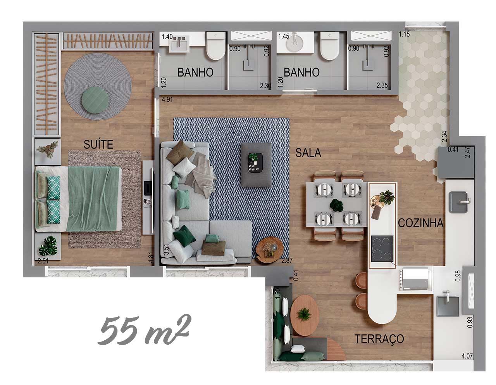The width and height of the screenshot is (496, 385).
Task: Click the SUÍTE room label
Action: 98,144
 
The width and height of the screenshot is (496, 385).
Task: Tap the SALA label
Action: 308,153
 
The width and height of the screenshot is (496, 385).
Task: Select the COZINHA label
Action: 421,223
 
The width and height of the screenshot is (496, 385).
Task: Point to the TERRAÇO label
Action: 379,338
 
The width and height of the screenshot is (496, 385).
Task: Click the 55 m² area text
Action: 144,330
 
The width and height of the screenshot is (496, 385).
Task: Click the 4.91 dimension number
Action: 167,99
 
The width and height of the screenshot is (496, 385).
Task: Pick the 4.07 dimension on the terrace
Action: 467,356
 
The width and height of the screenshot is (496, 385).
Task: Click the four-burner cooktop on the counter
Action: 382,249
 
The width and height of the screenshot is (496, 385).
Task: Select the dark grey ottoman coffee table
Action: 257,165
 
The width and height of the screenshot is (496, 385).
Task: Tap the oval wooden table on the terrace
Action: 305,315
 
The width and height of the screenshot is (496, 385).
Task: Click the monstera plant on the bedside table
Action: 48,246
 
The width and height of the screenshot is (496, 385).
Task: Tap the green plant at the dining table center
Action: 336,205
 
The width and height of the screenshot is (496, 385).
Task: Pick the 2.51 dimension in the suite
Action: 43,261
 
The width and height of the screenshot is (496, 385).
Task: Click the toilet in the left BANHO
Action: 216,46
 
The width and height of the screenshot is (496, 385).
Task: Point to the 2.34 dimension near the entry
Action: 444,136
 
